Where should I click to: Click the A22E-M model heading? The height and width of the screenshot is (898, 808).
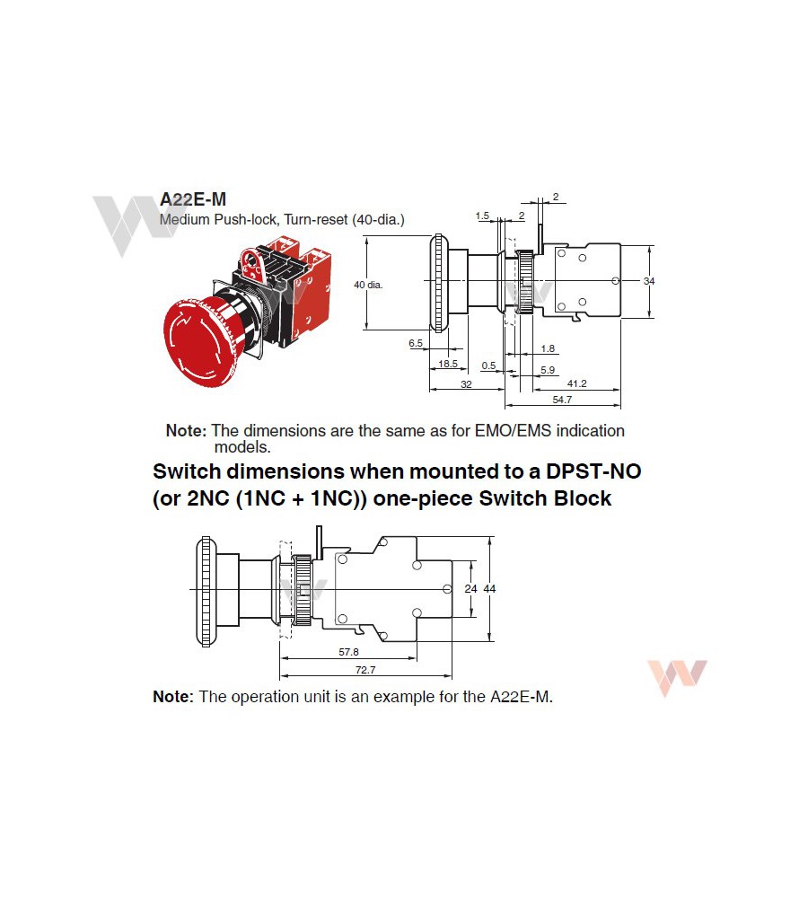(193, 199)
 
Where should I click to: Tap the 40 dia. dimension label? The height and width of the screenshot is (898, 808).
(368, 285)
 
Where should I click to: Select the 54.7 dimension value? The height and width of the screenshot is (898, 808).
(562, 400)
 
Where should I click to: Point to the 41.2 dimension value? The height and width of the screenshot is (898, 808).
(576, 383)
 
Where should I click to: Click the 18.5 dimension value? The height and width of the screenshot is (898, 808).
(448, 364)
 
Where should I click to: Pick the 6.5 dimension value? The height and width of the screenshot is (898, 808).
(415, 343)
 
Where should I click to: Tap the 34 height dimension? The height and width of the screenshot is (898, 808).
(649, 281)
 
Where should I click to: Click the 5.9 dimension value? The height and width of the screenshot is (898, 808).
(548, 370)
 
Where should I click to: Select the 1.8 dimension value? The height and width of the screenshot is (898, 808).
(548, 348)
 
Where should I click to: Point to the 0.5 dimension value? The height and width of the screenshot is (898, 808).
(488, 365)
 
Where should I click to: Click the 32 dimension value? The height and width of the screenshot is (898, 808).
(466, 384)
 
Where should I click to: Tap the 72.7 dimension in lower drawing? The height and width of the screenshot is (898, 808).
(365, 670)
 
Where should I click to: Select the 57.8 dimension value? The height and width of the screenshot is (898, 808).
(348, 652)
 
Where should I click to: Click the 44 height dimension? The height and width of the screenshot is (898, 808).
(489, 589)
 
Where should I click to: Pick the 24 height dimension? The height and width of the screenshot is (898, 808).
(470, 589)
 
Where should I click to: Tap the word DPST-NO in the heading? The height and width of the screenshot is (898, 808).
(593, 471)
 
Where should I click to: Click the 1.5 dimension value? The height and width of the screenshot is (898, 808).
(483, 216)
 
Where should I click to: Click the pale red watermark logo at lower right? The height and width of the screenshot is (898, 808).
(677, 677)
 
